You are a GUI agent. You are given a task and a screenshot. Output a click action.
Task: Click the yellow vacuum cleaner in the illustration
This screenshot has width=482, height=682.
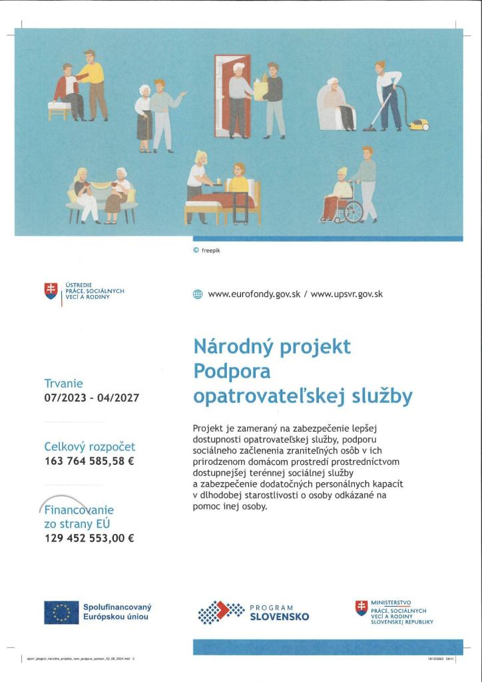tap(419, 125)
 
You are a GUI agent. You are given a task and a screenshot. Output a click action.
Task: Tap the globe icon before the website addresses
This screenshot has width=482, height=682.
tap(197, 294)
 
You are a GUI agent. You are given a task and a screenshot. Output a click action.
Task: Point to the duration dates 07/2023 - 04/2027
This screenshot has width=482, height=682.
tap(91, 398)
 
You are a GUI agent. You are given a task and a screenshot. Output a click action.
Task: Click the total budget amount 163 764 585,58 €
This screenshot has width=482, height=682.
tap(89, 461)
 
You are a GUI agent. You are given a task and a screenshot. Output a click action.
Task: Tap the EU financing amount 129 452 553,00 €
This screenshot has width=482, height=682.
tap(89, 539)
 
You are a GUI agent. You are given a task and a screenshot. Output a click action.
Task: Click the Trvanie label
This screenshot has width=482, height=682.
tap(63, 384)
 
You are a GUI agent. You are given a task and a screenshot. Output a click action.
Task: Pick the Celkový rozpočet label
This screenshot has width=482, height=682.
tap(89, 447)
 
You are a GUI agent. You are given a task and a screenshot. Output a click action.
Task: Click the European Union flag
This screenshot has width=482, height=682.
tap(61, 612)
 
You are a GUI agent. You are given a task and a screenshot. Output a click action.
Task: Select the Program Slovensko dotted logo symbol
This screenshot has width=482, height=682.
tap(221, 612)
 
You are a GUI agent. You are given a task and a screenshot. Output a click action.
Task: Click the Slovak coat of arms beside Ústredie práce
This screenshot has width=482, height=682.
tap(51, 290)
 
